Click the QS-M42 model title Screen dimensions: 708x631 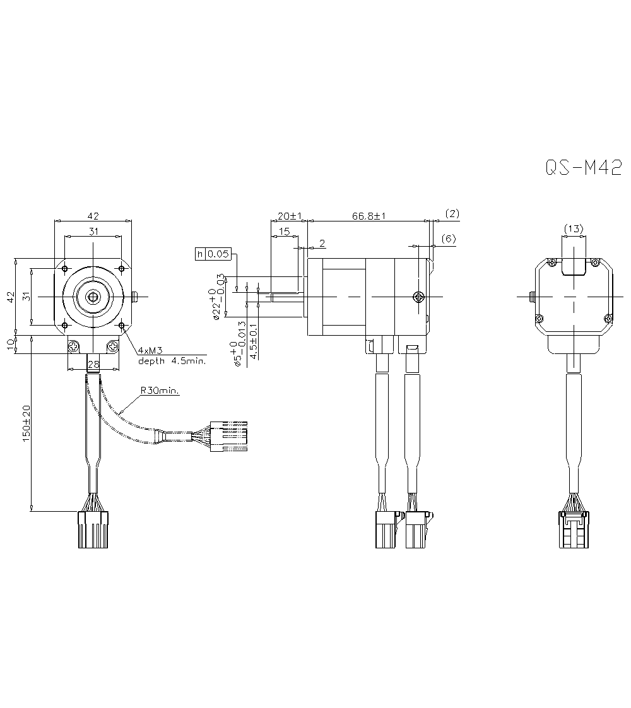583,168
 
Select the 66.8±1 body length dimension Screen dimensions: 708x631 369,216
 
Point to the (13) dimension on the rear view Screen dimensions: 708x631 574,229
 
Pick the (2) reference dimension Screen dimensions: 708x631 452,214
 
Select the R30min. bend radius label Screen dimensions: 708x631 160,391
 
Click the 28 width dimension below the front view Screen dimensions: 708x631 93,365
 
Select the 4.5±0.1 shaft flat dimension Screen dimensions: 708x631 254,341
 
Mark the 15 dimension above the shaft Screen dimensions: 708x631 284,232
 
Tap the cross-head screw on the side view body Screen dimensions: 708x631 417,297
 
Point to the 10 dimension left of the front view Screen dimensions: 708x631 11,345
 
